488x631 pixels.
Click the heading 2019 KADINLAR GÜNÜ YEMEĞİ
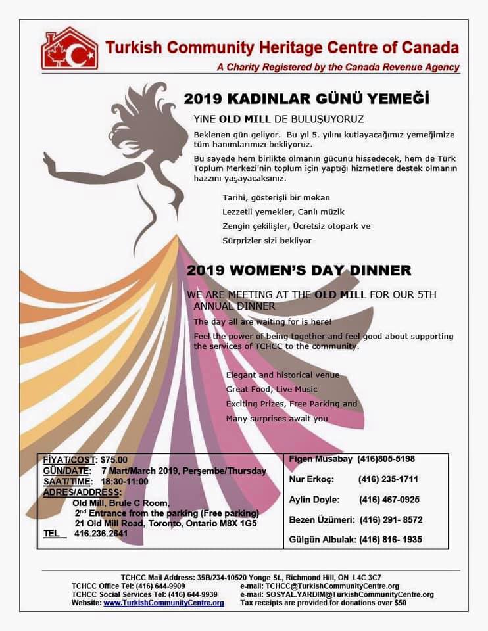point(306,99)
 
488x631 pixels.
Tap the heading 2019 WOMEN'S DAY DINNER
point(299,270)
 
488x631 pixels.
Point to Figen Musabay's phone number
point(386,459)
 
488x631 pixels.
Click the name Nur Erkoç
point(312,479)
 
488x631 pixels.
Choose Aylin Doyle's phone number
point(389,500)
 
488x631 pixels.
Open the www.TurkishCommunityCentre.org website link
point(164,603)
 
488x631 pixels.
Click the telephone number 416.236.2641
point(101,534)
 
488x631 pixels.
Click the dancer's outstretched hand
point(48,158)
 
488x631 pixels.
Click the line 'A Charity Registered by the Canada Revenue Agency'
point(338,67)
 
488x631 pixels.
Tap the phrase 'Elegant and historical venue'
point(283,375)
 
